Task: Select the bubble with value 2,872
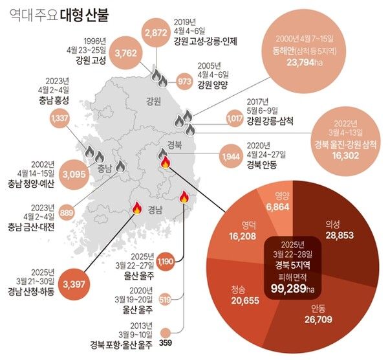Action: [156, 33]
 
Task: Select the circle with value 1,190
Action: [165, 262]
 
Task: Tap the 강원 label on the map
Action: [153, 100]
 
